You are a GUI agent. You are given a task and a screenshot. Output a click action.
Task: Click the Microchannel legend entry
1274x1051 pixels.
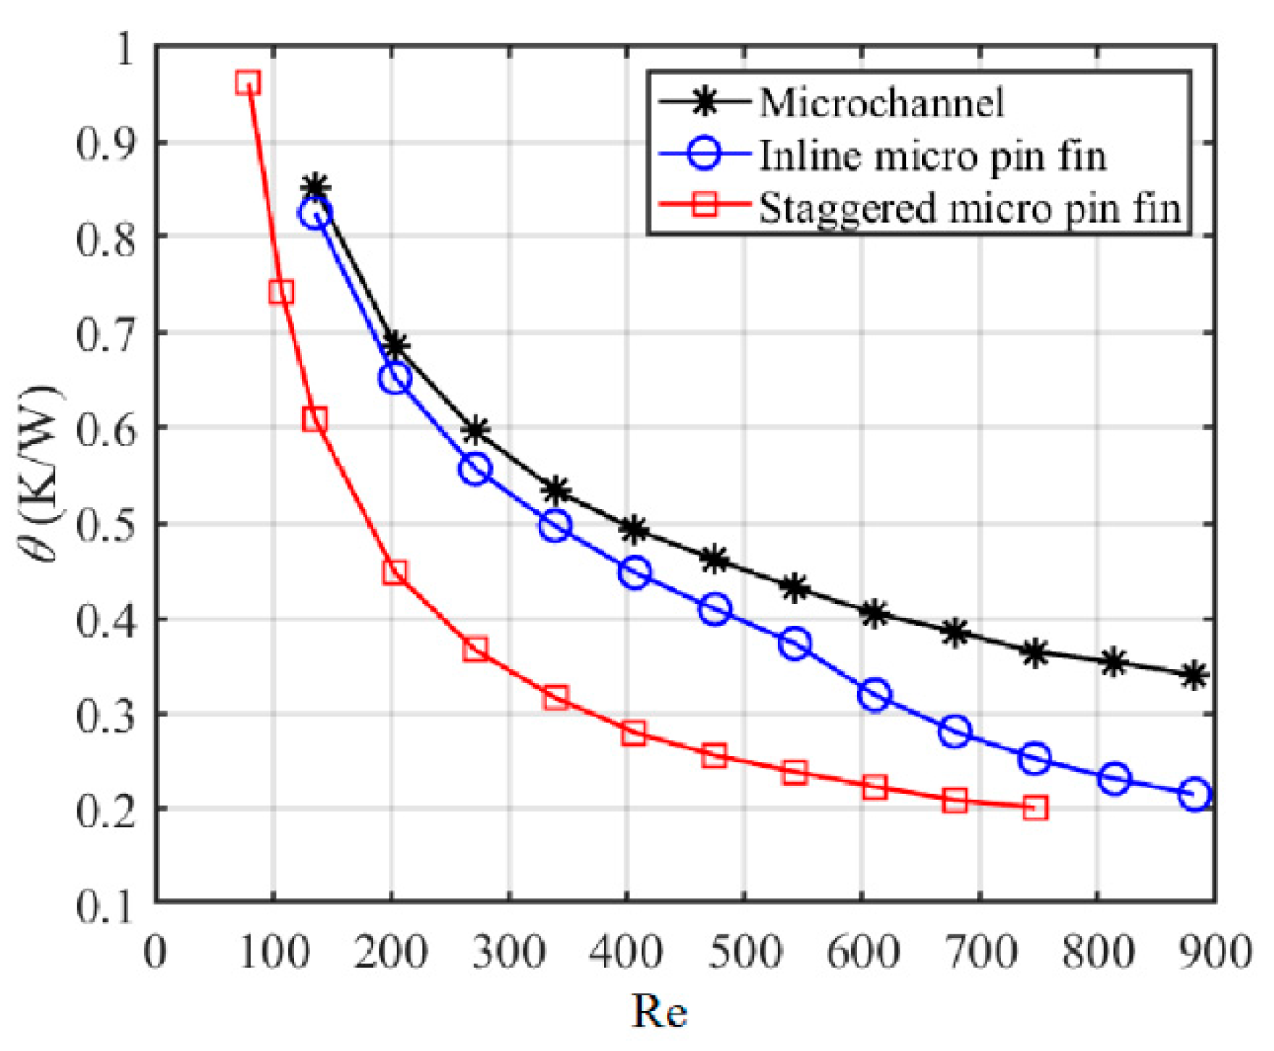(881, 102)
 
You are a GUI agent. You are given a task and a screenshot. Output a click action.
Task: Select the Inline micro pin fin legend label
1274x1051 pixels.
(933, 156)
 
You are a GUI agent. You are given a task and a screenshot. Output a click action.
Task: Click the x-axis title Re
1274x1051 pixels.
(659, 1011)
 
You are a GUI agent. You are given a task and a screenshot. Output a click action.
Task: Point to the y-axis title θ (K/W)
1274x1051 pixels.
(42, 474)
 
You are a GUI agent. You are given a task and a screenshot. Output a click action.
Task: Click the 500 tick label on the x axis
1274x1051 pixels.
(744, 952)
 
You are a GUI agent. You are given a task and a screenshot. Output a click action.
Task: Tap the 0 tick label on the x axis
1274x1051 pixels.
(156, 952)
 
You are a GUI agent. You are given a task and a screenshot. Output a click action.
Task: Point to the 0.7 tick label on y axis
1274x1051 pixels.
(106, 335)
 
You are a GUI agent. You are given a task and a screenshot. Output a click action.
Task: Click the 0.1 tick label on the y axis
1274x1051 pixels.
(106, 905)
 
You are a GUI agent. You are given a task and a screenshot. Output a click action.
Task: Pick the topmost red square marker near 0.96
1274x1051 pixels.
(248, 83)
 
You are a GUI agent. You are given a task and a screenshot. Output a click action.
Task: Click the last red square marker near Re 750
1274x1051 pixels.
(1036, 808)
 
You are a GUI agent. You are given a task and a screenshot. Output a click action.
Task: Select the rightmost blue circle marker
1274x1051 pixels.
(1194, 795)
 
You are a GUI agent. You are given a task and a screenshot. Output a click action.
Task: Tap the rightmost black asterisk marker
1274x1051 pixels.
(1194, 677)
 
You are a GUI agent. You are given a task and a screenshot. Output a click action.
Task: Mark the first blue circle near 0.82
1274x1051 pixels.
(315, 214)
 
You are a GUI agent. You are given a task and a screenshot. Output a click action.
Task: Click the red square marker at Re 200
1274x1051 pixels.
(394, 573)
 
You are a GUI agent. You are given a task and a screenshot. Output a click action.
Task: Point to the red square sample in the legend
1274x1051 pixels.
(704, 206)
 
